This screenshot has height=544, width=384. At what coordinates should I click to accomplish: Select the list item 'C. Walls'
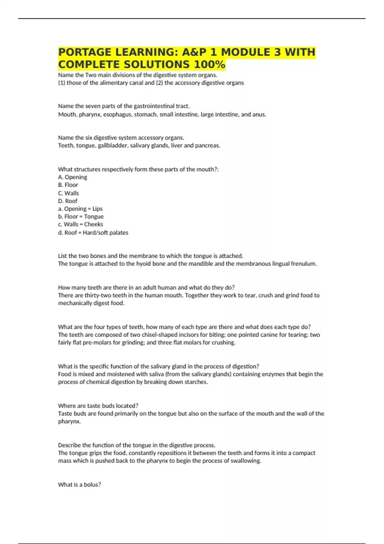(68, 193)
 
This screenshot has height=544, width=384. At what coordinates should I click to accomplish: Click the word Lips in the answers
(98, 209)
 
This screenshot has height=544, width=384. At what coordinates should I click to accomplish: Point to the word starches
(196, 382)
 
